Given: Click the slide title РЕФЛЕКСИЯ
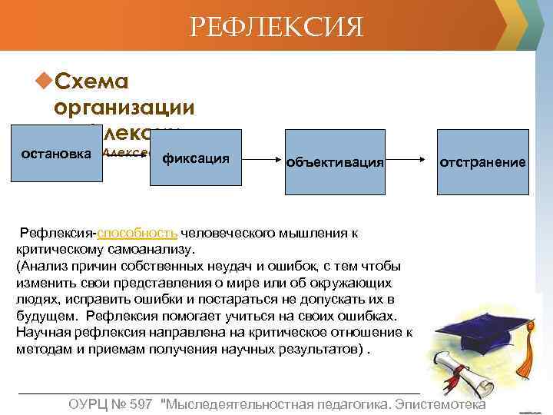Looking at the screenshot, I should point(276,29).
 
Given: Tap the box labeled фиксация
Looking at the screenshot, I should point(196,159).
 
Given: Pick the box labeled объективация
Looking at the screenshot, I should point(335,162).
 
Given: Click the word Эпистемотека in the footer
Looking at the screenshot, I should point(444,404).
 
